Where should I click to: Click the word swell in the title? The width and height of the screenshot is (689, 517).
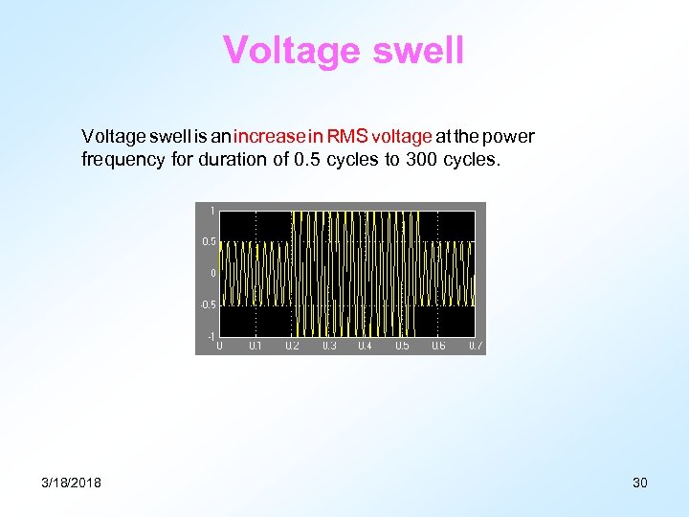point(417,51)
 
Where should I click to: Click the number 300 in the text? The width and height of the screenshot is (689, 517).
point(422,160)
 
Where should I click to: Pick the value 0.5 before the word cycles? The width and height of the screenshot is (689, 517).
point(306,160)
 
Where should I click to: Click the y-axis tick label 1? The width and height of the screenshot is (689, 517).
point(212,210)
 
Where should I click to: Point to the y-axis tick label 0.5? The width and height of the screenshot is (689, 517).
point(209,241)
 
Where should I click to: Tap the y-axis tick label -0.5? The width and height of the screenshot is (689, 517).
point(208,305)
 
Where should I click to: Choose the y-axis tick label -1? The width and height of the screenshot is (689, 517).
point(211,336)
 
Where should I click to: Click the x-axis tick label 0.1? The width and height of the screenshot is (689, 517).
point(256,346)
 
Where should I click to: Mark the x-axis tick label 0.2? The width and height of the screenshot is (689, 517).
point(292,346)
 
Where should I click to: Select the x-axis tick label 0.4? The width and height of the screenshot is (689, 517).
point(365,346)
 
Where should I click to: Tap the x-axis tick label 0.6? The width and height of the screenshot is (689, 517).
point(438,346)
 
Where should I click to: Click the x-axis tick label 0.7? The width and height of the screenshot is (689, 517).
point(475,346)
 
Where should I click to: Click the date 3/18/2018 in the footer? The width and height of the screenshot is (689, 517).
point(72,483)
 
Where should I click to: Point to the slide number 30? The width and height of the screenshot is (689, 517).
point(640,483)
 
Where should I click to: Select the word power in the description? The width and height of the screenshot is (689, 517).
point(513,138)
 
